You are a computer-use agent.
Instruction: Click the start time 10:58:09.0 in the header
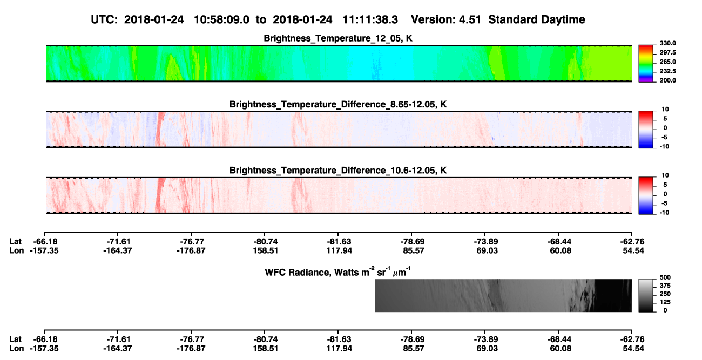(221, 19)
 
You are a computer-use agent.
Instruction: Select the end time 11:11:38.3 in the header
(370, 19)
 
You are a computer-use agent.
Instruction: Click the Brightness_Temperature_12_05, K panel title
(338, 38)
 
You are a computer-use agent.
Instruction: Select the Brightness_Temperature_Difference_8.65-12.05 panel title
(338, 104)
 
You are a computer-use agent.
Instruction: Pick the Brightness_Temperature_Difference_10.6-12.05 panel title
(338, 171)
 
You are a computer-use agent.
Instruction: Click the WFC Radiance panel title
(338, 272)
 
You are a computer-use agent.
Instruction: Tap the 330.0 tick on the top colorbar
(667, 43)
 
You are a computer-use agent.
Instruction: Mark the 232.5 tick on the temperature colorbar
(667, 71)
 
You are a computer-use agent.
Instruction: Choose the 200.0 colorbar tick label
(667, 80)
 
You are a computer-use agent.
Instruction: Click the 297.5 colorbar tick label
(667, 53)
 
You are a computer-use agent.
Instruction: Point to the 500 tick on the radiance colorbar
(665, 277)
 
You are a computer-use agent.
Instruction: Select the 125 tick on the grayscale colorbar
(665, 302)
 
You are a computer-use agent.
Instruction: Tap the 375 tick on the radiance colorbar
(665, 286)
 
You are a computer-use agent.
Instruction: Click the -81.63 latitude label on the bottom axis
(339, 339)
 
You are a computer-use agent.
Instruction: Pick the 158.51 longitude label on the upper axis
(266, 251)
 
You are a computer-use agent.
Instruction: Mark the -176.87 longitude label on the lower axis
(191, 349)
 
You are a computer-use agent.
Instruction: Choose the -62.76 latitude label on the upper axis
(632, 242)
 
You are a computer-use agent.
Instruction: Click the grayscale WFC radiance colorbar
(646, 295)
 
